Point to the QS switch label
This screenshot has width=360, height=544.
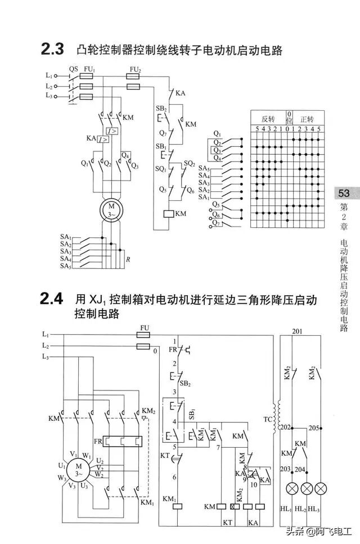[74, 69]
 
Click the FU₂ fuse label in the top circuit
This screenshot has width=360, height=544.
[134, 69]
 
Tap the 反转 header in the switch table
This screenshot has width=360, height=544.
[268, 119]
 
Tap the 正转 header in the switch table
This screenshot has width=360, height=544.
[307, 119]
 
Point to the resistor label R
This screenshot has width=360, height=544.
[129, 259]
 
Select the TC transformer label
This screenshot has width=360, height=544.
[267, 420]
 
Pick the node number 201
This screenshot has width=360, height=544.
[298, 331]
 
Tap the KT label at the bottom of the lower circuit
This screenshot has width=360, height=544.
[227, 523]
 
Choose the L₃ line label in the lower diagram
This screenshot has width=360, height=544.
[46, 357]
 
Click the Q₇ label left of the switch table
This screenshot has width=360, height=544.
[217, 223]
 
